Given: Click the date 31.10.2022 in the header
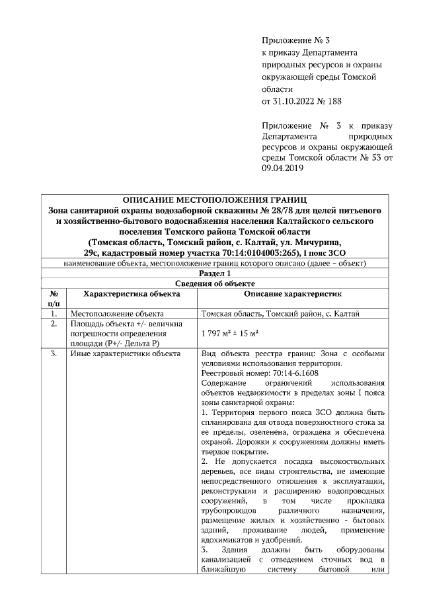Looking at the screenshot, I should pos(295,101).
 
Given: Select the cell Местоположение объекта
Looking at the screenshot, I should pos(117,314).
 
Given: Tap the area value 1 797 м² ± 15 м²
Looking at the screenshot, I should pos(229,334).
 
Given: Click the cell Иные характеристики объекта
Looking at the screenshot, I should pos(125,354).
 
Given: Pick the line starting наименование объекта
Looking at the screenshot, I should pos(215,263).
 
